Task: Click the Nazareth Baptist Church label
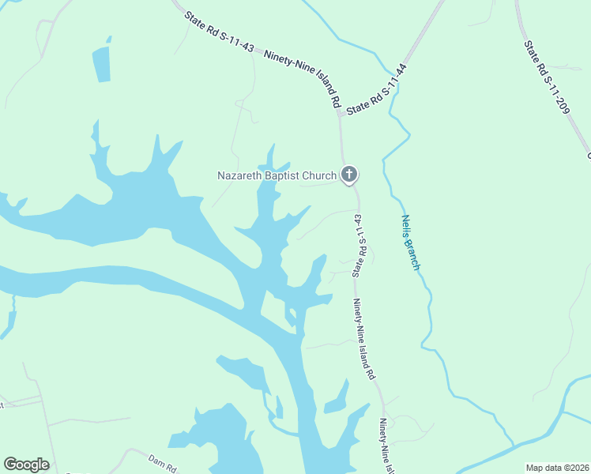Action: (x=277, y=175)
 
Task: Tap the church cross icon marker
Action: (x=349, y=175)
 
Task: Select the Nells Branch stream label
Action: (x=410, y=243)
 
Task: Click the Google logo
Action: (x=26, y=465)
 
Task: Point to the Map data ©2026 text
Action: (x=557, y=467)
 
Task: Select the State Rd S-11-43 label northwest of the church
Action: (x=219, y=32)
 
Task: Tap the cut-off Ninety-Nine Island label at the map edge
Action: (x=386, y=446)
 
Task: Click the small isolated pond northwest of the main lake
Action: (x=102, y=64)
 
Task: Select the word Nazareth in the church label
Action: (x=240, y=175)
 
